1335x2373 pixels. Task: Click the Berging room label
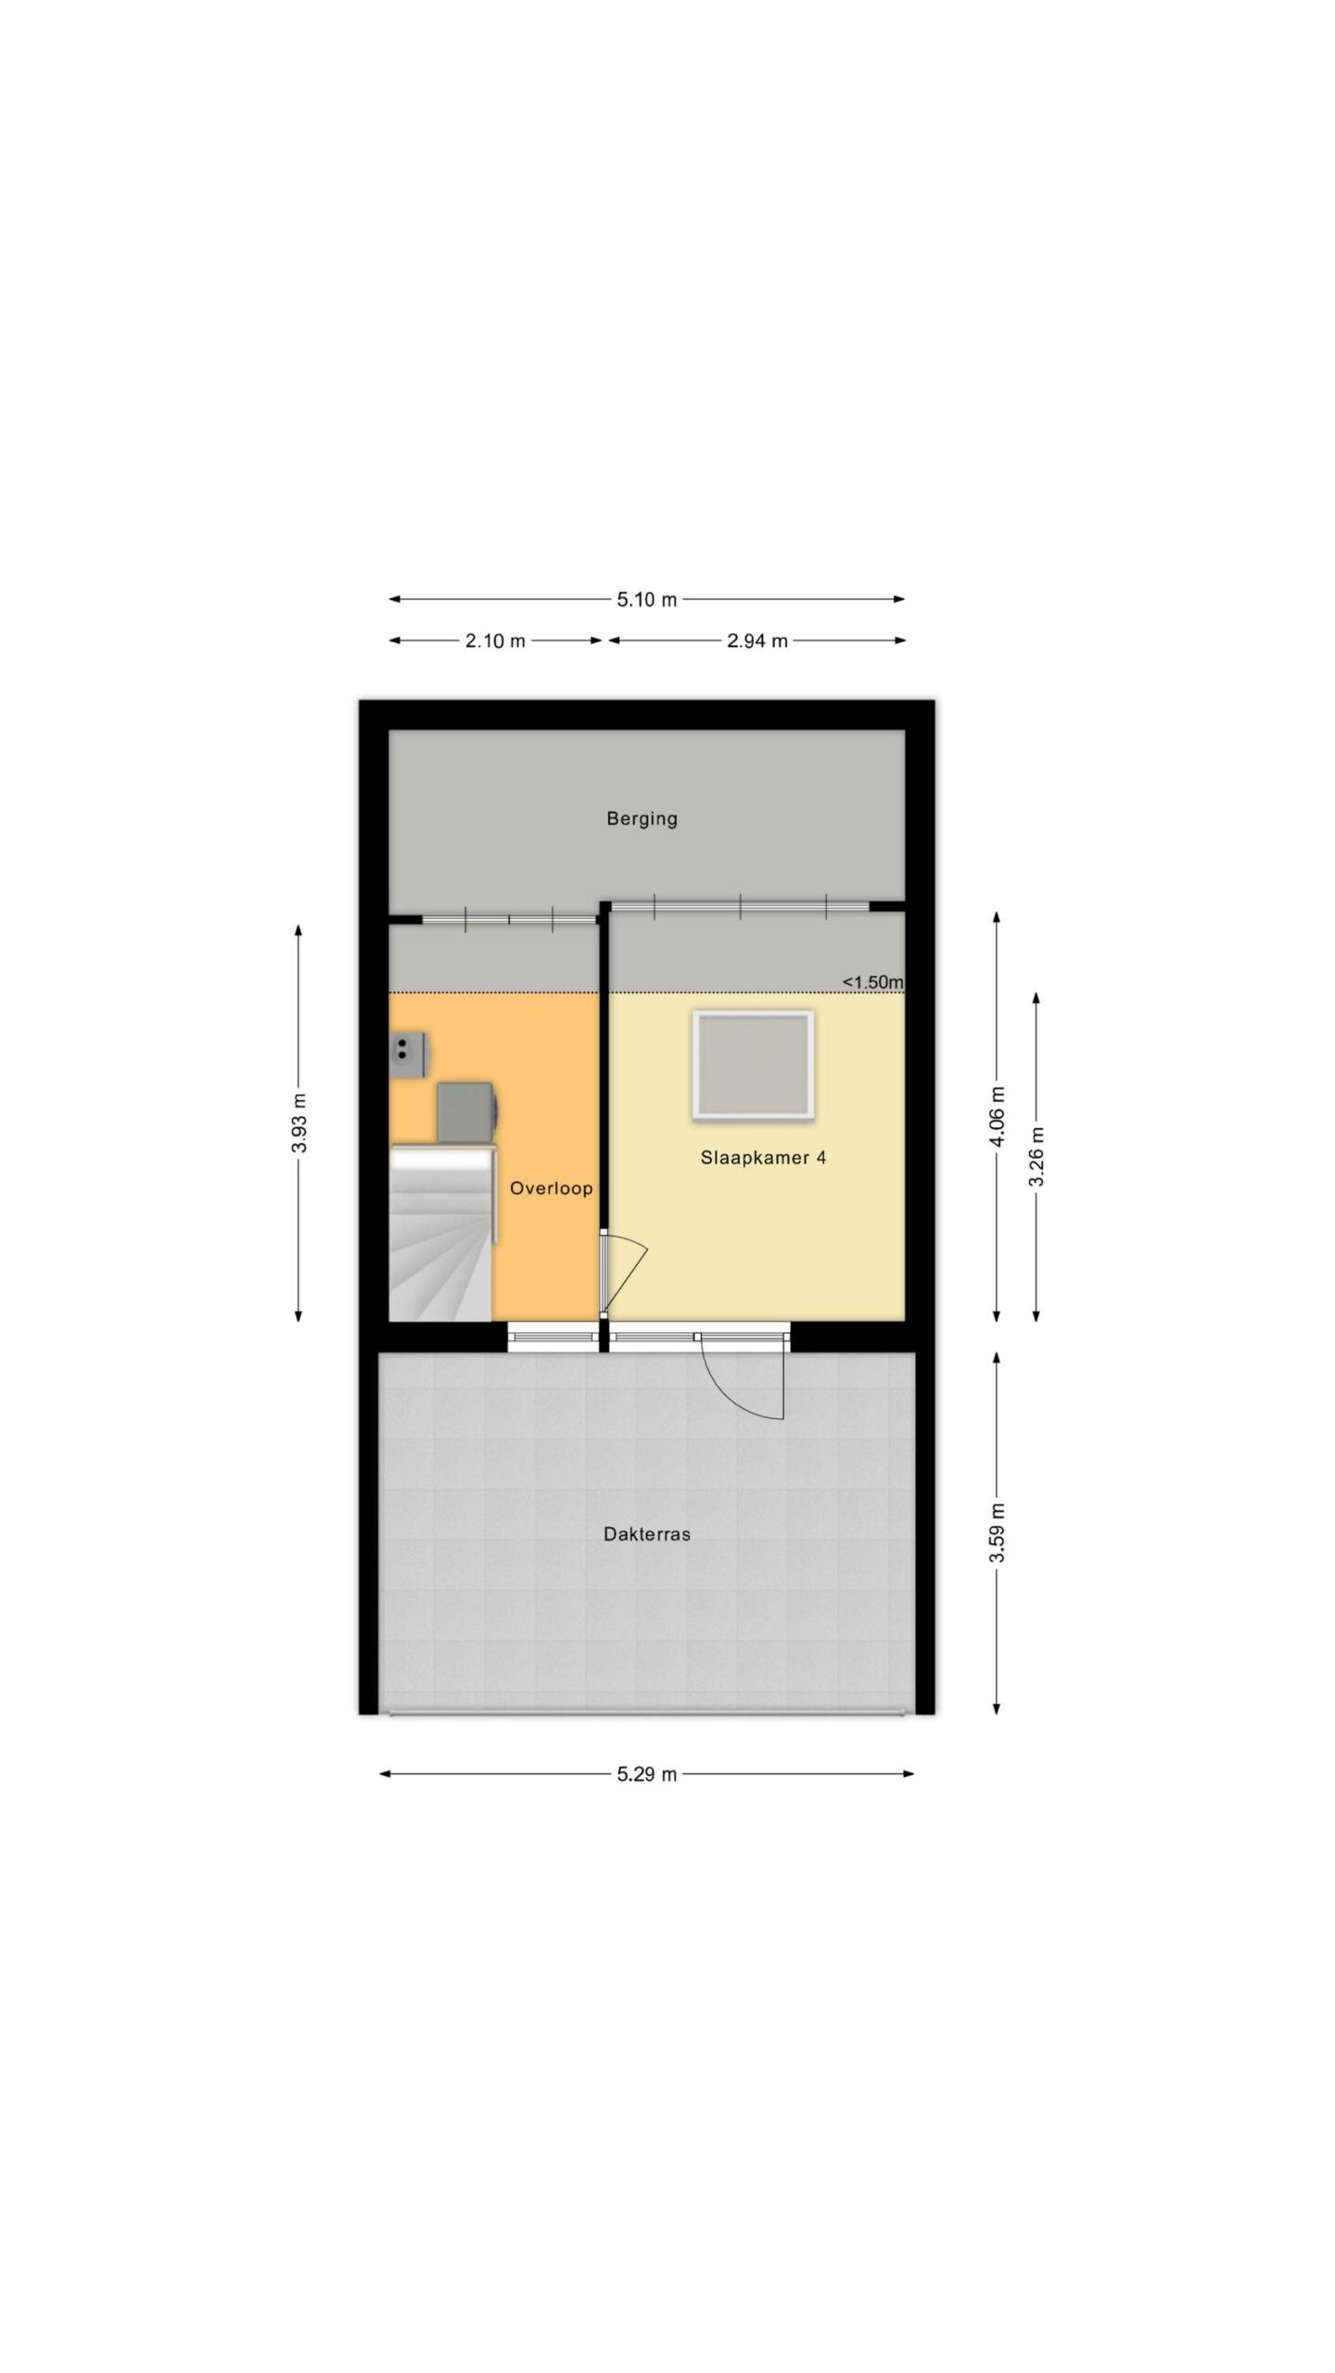642,819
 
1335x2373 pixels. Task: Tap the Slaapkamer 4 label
763,1157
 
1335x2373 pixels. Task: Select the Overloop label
551,1187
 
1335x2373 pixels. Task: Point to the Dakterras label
646,1534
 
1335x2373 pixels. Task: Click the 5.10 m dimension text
646,600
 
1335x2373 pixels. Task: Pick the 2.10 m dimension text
495,641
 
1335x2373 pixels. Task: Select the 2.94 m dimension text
756,641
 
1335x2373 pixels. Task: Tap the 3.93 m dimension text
299,1123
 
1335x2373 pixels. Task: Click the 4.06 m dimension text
998,1116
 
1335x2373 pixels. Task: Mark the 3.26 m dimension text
1036,1156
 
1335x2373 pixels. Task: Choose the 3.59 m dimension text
998,1532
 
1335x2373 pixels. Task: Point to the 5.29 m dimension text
646,1774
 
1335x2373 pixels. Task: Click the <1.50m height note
872,982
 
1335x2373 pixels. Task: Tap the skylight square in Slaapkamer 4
753,1065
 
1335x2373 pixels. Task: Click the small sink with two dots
407,1055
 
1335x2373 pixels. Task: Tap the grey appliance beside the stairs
468,1111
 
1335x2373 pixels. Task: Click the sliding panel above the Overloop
509,920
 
